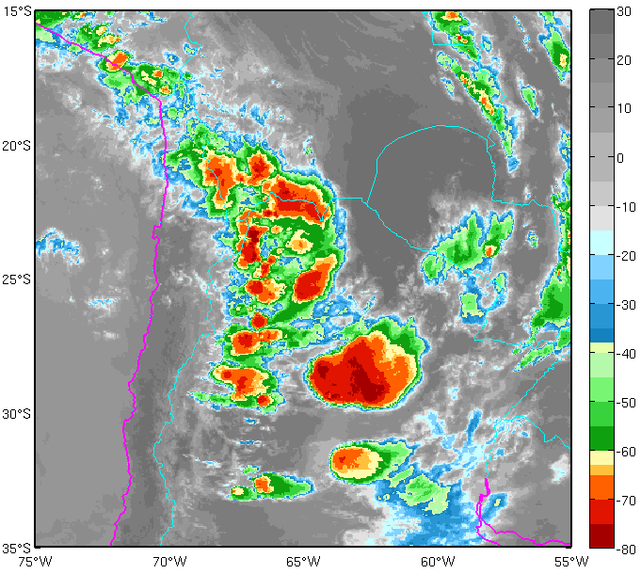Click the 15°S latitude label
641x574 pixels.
pyautogui.click(x=18, y=11)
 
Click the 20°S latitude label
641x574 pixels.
pyautogui.click(x=18, y=146)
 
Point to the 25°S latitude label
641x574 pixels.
pyautogui.click(x=18, y=280)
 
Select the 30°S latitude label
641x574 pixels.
pyautogui.click(x=18, y=414)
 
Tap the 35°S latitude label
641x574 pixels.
pyautogui.click(x=18, y=548)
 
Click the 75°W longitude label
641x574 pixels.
pyautogui.click(x=35, y=562)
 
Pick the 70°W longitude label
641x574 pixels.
pyautogui.click(x=169, y=562)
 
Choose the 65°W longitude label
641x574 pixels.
pyautogui.click(x=303, y=562)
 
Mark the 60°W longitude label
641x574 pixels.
pyautogui.click(x=438, y=562)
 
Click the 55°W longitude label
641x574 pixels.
pyautogui.click(x=570, y=562)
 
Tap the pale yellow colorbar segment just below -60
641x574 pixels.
pyautogui.click(x=601, y=457)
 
